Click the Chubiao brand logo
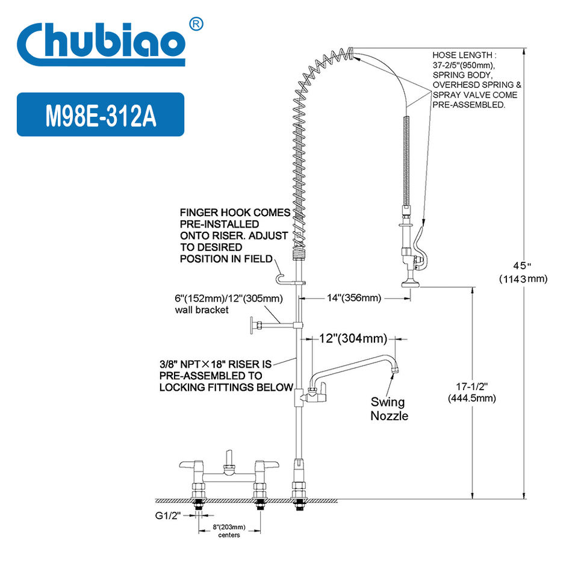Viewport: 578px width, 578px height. pyautogui.click(x=101, y=43)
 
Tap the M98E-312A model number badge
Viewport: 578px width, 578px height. pyautogui.click(x=101, y=114)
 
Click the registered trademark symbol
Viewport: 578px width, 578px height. pyautogui.click(x=196, y=24)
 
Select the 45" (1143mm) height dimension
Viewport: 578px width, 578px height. pyautogui.click(x=523, y=272)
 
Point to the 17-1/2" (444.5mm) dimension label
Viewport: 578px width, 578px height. pyautogui.click(x=472, y=392)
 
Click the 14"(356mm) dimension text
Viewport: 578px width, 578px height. pyautogui.click(x=354, y=298)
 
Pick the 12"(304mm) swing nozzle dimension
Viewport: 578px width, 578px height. pyautogui.click(x=353, y=338)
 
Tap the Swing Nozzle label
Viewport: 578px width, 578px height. pyautogui.click(x=390, y=409)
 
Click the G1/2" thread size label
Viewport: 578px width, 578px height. pyautogui.click(x=168, y=515)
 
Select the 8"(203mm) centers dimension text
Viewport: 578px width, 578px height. pyautogui.click(x=229, y=531)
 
